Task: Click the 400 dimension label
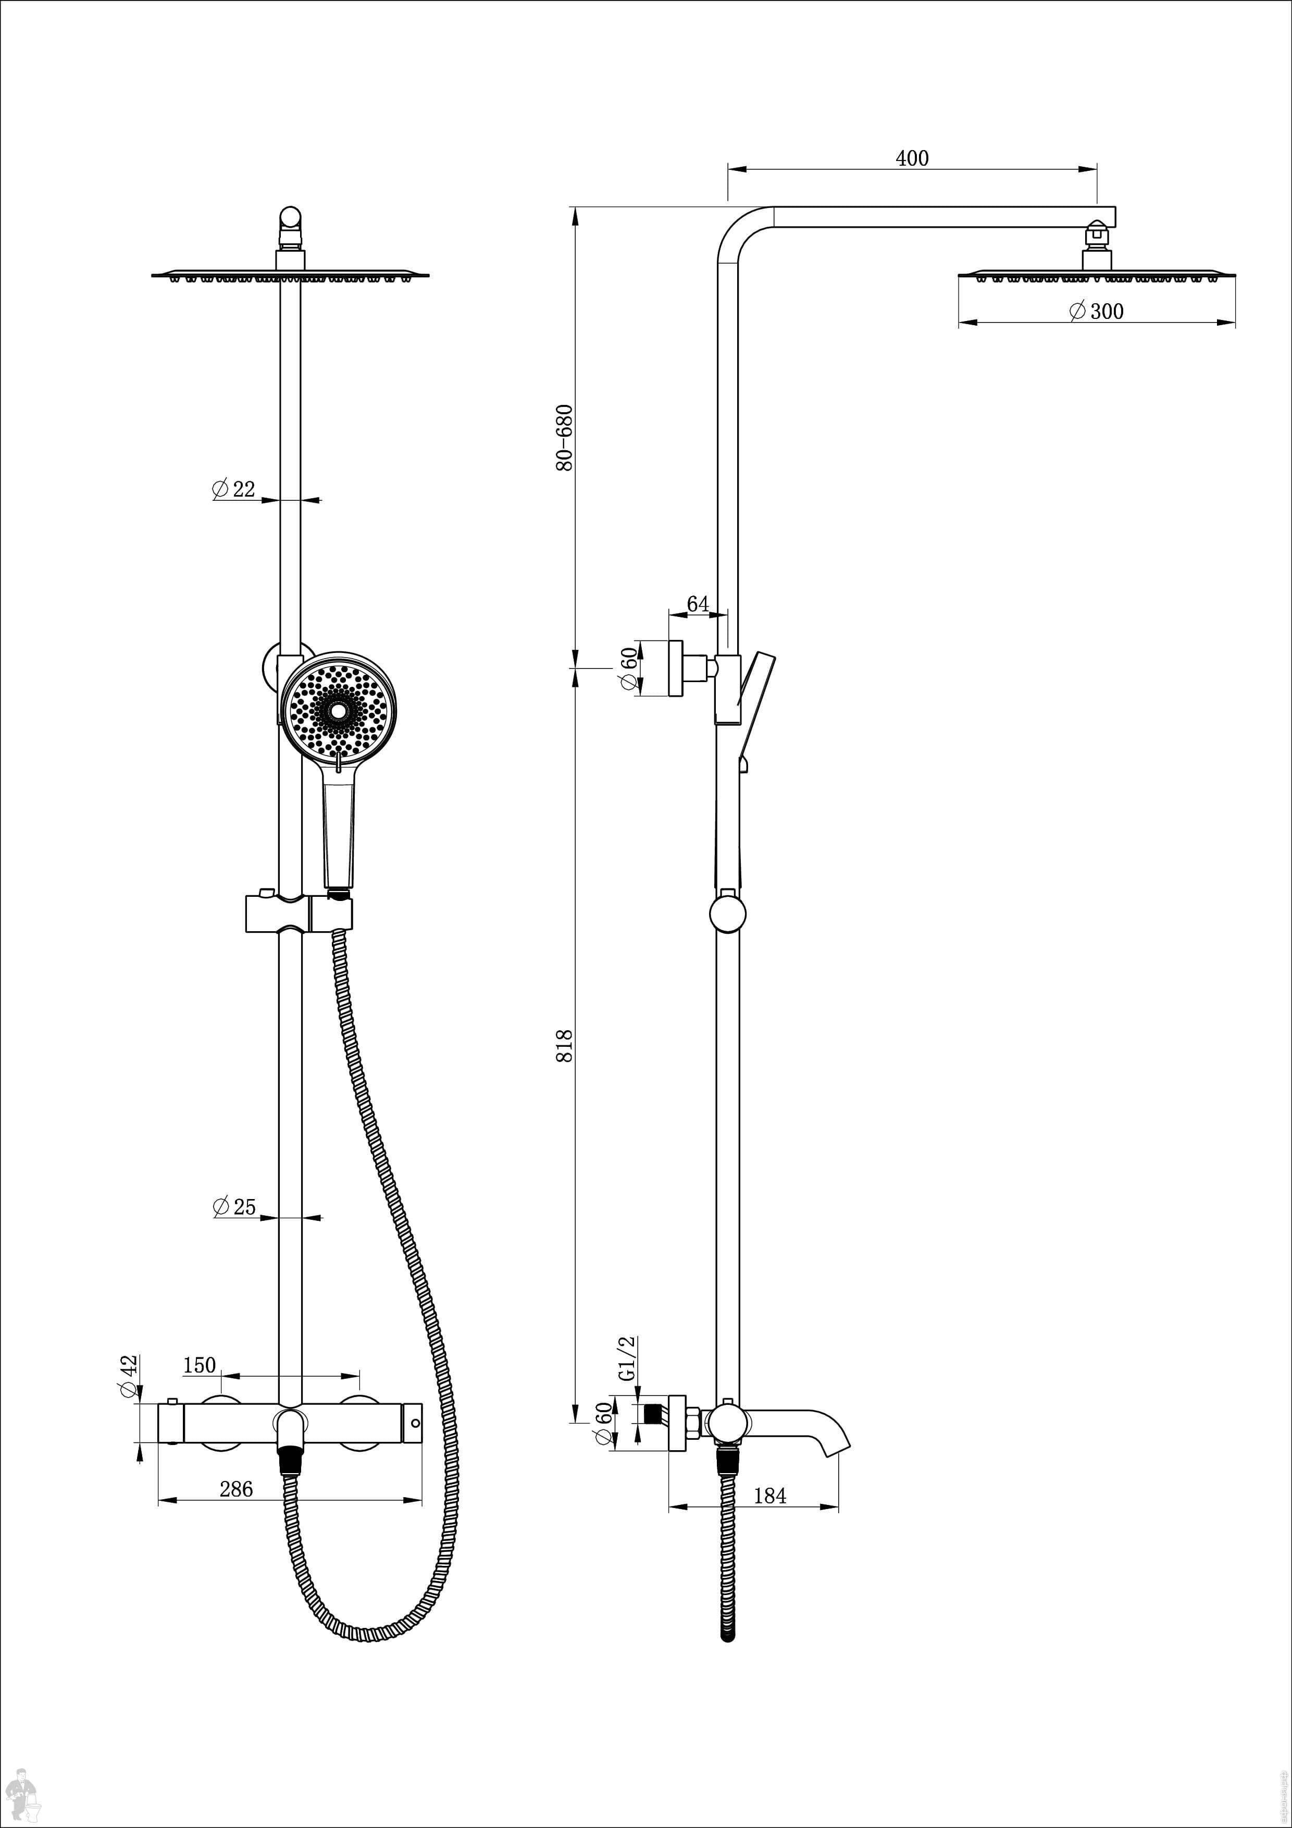(x=912, y=158)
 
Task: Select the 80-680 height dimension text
(x=564, y=438)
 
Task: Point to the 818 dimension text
(x=564, y=1045)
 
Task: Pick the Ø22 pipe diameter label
(x=233, y=489)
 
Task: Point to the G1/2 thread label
(x=627, y=1359)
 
